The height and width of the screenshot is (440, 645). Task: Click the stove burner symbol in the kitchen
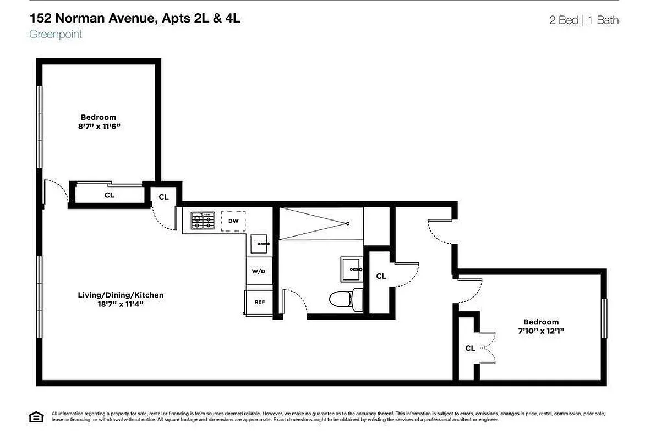pos(202,221)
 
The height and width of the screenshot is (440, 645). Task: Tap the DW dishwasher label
pos(233,221)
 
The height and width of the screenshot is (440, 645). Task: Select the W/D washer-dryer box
pos(259,271)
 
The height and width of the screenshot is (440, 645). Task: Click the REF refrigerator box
pos(259,302)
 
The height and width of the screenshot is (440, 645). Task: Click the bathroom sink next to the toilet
pos(351,269)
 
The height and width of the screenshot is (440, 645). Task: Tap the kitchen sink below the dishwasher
pos(259,243)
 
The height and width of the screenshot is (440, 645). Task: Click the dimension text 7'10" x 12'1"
pos(540,331)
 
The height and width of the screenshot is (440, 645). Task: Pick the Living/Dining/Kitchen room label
pos(121,295)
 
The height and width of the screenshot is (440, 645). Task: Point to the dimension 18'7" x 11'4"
pos(121,304)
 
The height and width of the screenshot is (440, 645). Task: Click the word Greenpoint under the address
pos(56,34)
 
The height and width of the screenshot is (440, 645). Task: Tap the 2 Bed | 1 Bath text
pos(583,20)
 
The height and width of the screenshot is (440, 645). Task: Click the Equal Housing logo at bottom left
pos(36,417)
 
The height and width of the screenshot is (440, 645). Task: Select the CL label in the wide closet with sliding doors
pos(110,195)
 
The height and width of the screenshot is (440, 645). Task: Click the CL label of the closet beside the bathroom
pos(381,276)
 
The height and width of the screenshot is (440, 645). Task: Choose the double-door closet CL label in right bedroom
pos(470,348)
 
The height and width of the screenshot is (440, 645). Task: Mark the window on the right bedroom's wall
pos(604,319)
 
